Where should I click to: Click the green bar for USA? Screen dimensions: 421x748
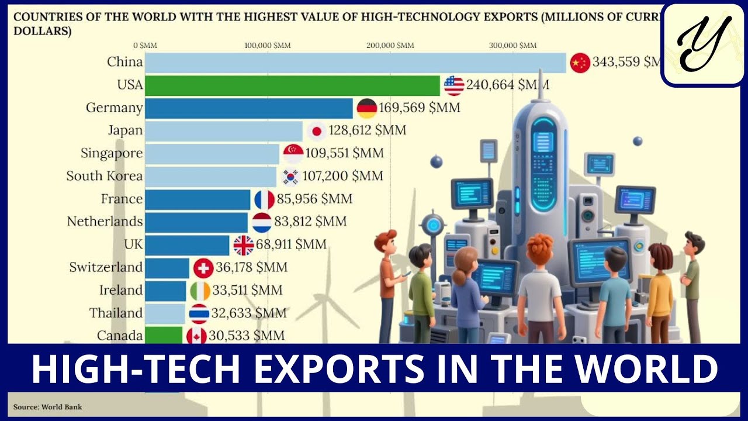(292, 85)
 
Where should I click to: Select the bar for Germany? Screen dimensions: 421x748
(249, 108)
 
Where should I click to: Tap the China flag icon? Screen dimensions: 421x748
(580, 63)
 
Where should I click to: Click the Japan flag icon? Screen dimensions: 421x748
(316, 131)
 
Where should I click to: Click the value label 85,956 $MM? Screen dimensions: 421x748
(314, 199)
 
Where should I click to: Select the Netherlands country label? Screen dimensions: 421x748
(105, 222)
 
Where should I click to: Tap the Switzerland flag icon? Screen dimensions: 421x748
(203, 268)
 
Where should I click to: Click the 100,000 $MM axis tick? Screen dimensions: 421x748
(267, 45)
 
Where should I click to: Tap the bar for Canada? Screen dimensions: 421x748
(164, 336)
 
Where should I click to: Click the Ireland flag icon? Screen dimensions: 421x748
(200, 291)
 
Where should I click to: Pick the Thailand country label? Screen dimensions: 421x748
(116, 313)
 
